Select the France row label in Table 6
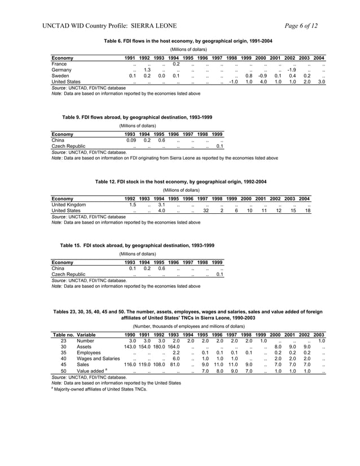[59, 64]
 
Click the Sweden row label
[60, 76]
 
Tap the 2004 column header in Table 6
[319, 58]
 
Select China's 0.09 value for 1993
[131, 140]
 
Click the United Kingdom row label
[69, 205]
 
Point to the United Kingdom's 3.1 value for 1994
[161, 205]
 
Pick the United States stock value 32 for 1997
[206, 210]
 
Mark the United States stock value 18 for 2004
[307, 210]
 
